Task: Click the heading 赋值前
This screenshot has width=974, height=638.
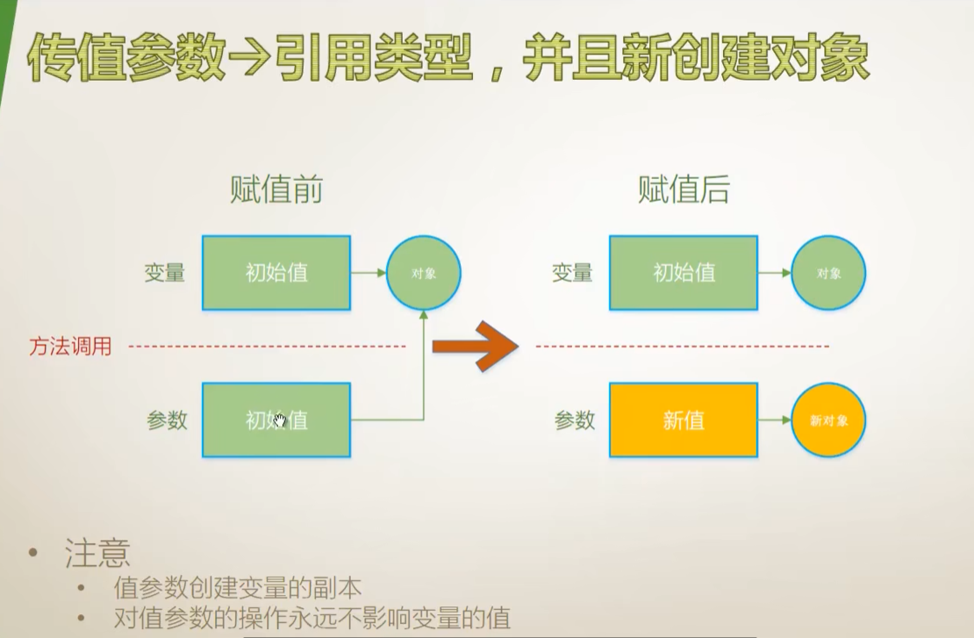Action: pyautogui.click(x=276, y=190)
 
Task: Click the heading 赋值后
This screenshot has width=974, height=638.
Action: pyautogui.click(x=684, y=190)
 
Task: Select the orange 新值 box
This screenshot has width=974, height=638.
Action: pyautogui.click(x=684, y=420)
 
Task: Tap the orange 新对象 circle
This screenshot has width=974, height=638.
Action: pyautogui.click(x=828, y=420)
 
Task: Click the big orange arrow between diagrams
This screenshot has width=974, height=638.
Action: pyautogui.click(x=475, y=346)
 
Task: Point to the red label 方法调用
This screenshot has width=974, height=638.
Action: pyautogui.click(x=71, y=347)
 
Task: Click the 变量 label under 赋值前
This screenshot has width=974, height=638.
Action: pyautogui.click(x=165, y=273)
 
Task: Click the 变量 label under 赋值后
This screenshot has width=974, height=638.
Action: pyautogui.click(x=572, y=273)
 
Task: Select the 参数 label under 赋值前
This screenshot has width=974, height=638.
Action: pyautogui.click(x=167, y=420)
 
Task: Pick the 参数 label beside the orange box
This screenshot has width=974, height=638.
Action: pyautogui.click(x=575, y=420)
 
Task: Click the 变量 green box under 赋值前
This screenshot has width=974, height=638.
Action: pyautogui.click(x=276, y=273)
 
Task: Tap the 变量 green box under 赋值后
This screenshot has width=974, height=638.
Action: pyautogui.click(x=684, y=273)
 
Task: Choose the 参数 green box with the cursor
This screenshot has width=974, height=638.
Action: pyautogui.click(x=276, y=420)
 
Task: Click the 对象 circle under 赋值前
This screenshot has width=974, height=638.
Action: pyautogui.click(x=423, y=273)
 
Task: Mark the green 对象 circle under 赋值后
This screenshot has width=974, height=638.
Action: pyautogui.click(x=828, y=273)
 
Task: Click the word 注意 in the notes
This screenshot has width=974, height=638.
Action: pyautogui.click(x=97, y=553)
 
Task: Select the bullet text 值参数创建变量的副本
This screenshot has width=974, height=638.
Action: pyautogui.click(x=238, y=588)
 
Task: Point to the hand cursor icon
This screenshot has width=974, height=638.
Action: pyautogui.click(x=280, y=421)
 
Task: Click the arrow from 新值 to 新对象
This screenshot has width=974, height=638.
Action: pyautogui.click(x=774, y=420)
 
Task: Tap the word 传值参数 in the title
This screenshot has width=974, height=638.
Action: pyautogui.click(x=128, y=59)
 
